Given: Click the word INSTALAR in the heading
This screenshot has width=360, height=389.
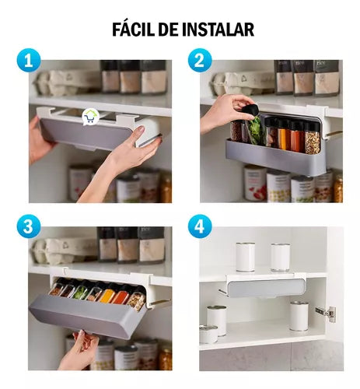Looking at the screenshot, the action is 218,30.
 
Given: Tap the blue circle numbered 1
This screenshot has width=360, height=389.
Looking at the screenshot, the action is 29,61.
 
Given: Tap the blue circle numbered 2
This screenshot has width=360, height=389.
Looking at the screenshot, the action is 200,61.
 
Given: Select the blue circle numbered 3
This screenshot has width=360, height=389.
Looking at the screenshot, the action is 29,226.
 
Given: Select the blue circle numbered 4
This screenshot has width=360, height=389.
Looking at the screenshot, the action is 200,226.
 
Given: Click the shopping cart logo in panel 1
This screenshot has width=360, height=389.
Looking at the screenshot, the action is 90,117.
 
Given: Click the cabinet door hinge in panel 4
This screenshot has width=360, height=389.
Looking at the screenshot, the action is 326,314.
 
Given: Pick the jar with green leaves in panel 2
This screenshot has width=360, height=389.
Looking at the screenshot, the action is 255,131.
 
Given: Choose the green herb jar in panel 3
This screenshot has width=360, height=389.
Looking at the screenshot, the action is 81,290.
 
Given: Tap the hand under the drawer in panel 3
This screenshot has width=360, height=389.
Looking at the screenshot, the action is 79,350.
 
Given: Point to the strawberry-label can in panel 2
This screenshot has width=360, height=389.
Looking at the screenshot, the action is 255,184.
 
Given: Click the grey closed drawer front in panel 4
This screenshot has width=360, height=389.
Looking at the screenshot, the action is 267,288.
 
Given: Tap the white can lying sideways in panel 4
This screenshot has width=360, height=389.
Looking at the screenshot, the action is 208,334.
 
